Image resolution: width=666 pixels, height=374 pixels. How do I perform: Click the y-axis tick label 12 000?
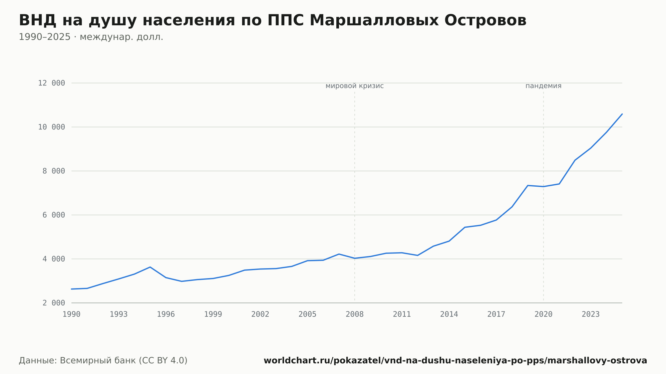51,83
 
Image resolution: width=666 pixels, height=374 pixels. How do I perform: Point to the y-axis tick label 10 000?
51,127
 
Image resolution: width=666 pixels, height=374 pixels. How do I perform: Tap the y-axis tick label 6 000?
54,215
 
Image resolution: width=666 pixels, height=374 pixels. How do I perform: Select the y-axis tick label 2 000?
54,303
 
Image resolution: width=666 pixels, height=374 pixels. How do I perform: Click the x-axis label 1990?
72,314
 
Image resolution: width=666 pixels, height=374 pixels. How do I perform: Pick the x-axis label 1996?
166,314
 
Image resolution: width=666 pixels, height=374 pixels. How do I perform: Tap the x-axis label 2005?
307,314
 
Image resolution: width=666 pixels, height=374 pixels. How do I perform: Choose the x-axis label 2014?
449,314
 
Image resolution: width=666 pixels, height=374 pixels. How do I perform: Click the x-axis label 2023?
591,314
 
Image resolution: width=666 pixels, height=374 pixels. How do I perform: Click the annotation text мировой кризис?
355,86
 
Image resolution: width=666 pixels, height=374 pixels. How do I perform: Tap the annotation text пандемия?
543,86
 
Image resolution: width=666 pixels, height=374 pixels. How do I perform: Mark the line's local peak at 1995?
150,267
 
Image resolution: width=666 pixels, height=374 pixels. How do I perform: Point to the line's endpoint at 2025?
622,114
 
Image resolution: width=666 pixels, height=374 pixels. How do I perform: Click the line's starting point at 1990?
72,289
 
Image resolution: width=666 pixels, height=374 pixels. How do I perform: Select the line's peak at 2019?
528,185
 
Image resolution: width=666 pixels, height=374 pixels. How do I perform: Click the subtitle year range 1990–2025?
45,37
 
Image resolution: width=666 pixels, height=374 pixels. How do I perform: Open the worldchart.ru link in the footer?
455,361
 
